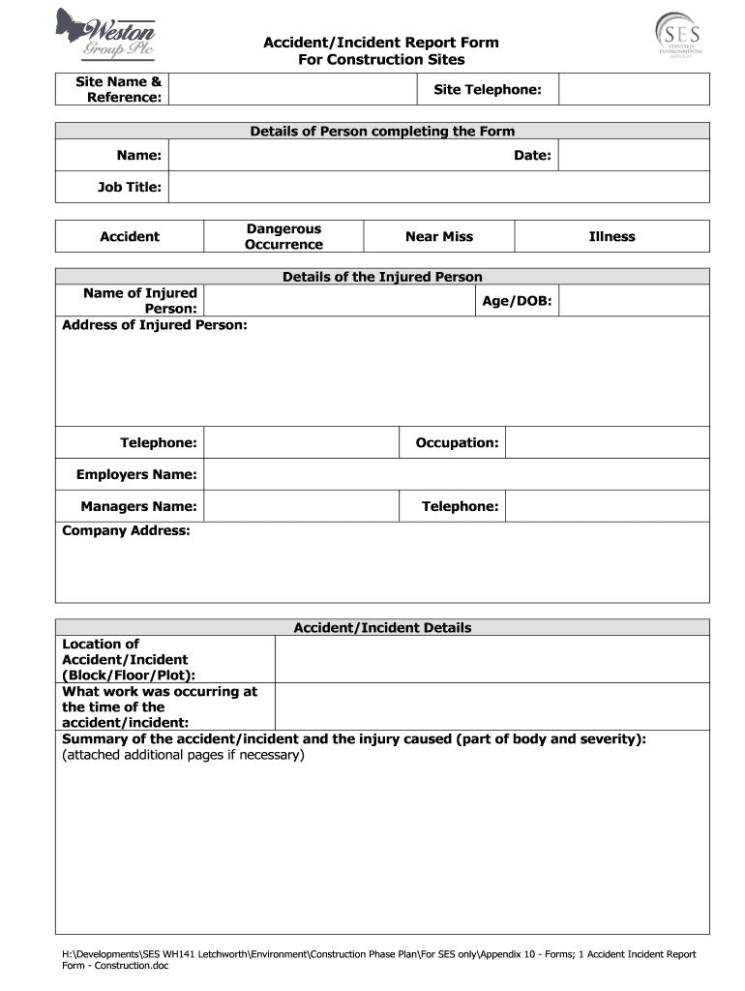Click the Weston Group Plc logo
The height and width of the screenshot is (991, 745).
104,35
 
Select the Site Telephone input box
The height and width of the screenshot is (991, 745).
634,90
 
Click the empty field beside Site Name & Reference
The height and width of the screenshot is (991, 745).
289,90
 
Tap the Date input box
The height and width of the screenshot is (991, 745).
634,155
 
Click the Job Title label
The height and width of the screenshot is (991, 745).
130,187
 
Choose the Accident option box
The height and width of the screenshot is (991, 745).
130,236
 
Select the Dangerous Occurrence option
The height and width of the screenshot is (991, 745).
283,236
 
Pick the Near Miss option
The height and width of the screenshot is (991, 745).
439,236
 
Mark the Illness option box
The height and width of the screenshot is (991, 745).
611,236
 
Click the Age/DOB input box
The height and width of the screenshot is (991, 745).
634,301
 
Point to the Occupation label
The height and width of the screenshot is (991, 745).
457,442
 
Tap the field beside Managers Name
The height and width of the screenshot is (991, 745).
301,506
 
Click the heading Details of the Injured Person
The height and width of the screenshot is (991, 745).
382,277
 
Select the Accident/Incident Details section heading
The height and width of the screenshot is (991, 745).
382,627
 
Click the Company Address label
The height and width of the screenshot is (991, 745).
126,530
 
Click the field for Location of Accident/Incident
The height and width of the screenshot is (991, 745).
492,659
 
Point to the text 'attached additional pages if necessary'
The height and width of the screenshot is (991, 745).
183,755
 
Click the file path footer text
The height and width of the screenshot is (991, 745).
378,960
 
